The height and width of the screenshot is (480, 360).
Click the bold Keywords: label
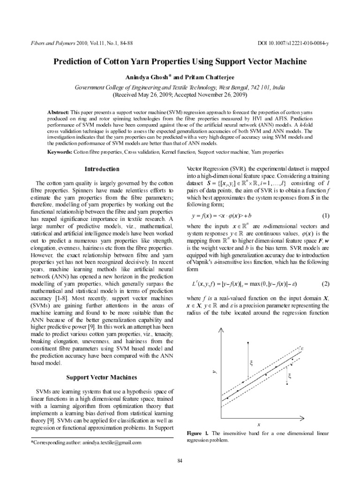coord(60,152)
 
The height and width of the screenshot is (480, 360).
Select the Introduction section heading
coord(101,169)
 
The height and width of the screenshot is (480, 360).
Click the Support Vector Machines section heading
coord(101,377)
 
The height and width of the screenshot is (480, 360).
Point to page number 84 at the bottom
coord(180,462)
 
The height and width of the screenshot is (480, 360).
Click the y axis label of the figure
coord(215,372)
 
